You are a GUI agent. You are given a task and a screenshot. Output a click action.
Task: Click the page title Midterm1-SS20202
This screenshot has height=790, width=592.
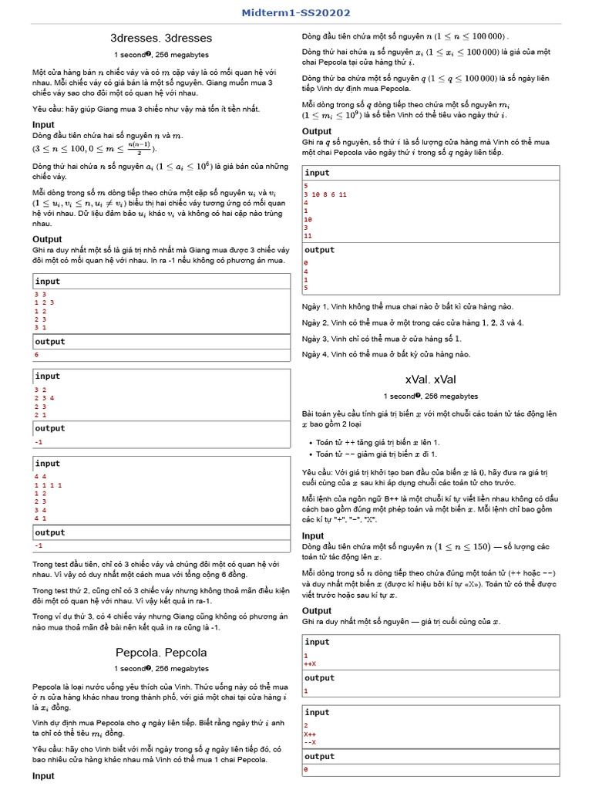tap(296, 13)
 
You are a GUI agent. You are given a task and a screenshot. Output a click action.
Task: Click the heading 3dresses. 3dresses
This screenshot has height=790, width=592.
tap(161, 38)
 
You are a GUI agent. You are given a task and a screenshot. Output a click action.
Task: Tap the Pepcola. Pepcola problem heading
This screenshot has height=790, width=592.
tap(161, 652)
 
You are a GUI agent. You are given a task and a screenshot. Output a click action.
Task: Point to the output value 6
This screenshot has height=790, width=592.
tap(36, 355)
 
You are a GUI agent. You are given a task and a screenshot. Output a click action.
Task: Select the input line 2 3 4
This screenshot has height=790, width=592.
tap(43, 398)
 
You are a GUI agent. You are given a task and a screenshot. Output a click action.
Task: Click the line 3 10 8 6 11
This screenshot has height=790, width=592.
tap(325, 194)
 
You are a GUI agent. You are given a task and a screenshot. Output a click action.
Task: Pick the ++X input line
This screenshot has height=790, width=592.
tap(310, 663)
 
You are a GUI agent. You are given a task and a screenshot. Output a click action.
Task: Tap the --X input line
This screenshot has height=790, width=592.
tap(310, 742)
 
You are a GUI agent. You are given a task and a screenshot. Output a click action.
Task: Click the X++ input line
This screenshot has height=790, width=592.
tap(310, 734)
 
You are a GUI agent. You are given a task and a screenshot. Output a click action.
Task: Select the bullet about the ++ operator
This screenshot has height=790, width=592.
tap(378, 442)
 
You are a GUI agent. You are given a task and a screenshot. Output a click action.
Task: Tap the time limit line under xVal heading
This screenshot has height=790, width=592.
tap(430, 396)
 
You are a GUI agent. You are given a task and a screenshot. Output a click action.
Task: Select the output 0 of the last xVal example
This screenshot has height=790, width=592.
tap(306, 770)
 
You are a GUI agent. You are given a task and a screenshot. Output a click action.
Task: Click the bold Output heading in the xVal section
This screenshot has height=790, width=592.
tap(317, 610)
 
